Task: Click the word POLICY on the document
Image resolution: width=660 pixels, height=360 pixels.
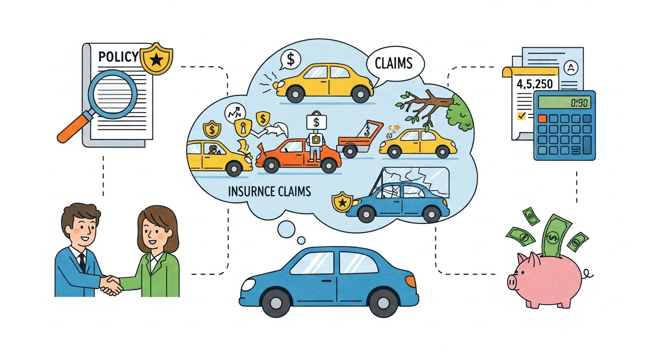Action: coord(119,57)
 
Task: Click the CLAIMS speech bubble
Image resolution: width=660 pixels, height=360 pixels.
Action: coord(394,63)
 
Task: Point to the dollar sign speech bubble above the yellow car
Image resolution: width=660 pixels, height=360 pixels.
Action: coord(291,60)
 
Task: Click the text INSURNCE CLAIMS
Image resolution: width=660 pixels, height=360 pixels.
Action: coord(269,192)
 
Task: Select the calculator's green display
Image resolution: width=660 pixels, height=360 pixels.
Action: coord(564,102)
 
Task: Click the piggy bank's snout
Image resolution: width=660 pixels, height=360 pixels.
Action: coord(512,282)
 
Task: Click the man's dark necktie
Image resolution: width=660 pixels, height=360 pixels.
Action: coord(82,262)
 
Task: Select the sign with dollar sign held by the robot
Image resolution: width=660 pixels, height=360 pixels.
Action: coord(316,123)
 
